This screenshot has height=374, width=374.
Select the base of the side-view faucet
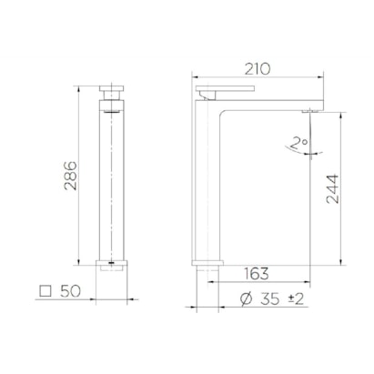[208, 268]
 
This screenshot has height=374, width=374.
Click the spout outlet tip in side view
[308, 110]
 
